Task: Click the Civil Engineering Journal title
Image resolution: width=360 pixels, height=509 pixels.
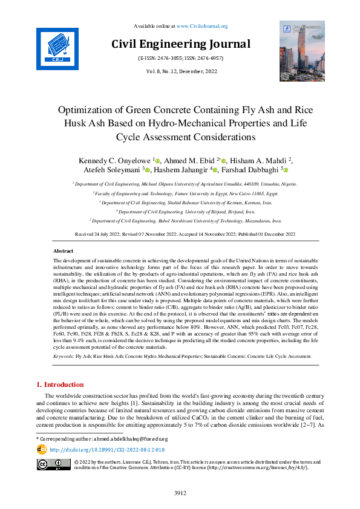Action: tap(180, 44)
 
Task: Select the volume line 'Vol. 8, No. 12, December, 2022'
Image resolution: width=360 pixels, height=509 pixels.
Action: tap(180, 72)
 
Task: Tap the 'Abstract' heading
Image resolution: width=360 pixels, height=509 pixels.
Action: tap(64, 250)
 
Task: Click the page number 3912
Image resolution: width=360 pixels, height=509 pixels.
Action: tap(180, 493)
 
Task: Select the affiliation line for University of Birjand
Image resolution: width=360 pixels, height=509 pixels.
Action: tap(180, 212)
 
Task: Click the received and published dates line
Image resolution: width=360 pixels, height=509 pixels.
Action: tap(180, 233)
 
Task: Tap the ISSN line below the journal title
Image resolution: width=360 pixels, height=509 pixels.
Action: tap(180, 59)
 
